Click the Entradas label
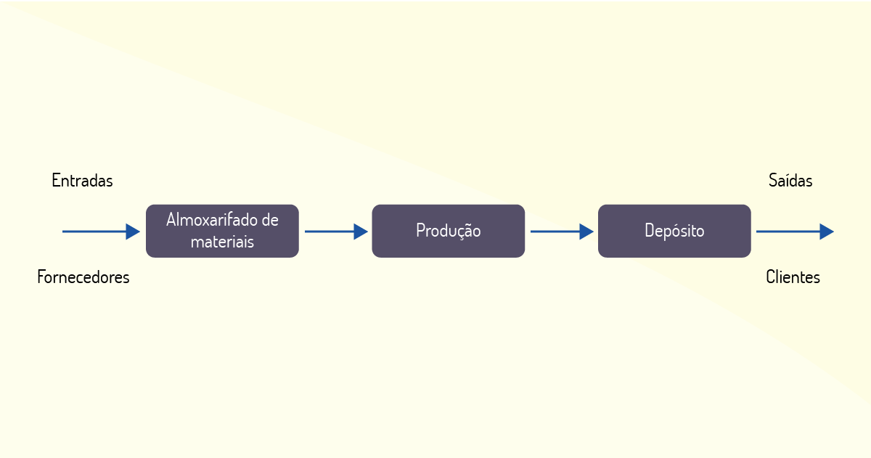[82, 181]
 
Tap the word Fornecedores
[83, 277]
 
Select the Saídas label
[790, 181]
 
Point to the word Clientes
[793, 277]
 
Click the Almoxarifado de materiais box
[222, 231]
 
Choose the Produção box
[449, 231]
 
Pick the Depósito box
[674, 231]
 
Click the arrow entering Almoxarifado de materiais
[101, 232]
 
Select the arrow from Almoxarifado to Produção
[336, 232]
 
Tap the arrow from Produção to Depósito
[563, 232]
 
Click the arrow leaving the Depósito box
[796, 232]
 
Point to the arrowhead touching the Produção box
[361, 232]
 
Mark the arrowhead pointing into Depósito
[586, 232]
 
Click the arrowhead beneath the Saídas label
[827, 232]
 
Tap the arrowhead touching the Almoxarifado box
[133, 232]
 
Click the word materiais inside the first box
[222, 242]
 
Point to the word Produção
[449, 231]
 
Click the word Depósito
[674, 231]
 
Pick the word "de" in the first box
[270, 220]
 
